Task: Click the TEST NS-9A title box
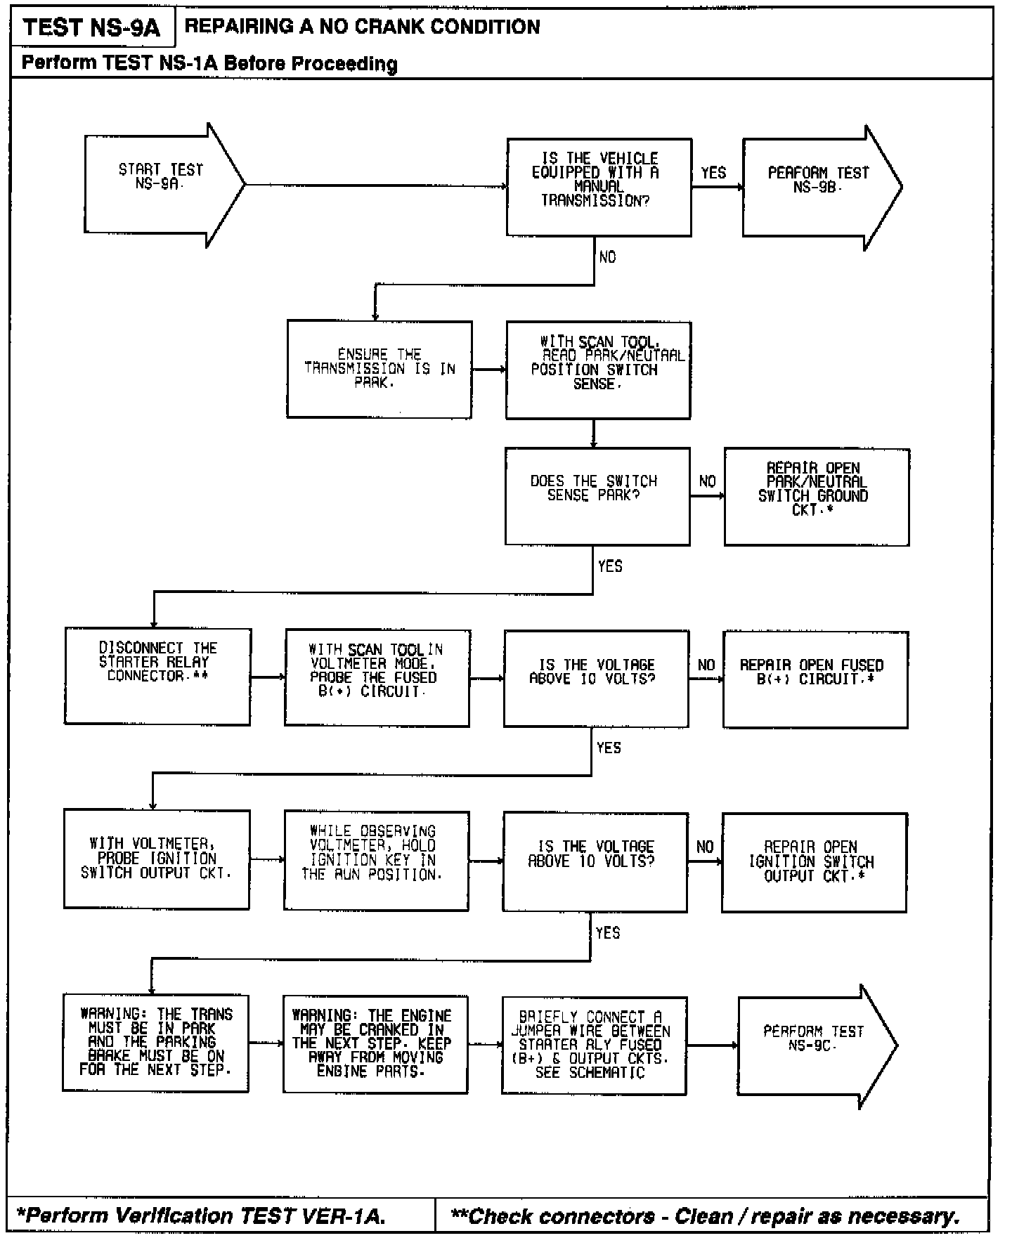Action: click(x=91, y=28)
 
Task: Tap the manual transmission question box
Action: click(x=599, y=186)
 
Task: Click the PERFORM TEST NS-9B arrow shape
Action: click(x=819, y=187)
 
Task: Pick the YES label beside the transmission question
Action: click(x=713, y=173)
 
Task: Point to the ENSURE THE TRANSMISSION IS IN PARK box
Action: click(x=379, y=369)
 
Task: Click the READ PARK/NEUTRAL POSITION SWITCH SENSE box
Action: click(x=598, y=370)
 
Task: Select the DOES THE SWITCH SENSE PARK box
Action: click(x=597, y=495)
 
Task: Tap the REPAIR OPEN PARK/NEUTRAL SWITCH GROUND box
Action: click(x=816, y=496)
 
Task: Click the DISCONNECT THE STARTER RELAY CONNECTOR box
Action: click(x=157, y=676)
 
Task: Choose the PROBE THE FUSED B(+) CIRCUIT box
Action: click(x=377, y=677)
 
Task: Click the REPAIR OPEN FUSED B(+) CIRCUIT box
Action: click(x=815, y=679)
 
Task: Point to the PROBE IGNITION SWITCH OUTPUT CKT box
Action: click(x=156, y=859)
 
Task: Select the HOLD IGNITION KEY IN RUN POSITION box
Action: click(x=376, y=860)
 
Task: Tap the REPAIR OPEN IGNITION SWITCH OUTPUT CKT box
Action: click(x=814, y=861)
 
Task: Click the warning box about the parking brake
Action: click(x=155, y=1043)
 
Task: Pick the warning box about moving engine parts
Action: click(x=375, y=1044)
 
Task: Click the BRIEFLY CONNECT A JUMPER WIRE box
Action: click(x=594, y=1045)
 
